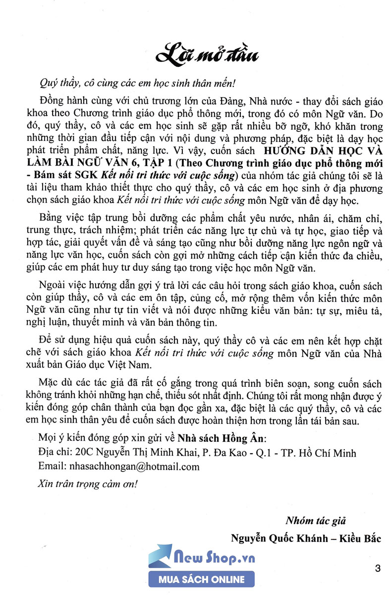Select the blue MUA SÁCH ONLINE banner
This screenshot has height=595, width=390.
point(202,579)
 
